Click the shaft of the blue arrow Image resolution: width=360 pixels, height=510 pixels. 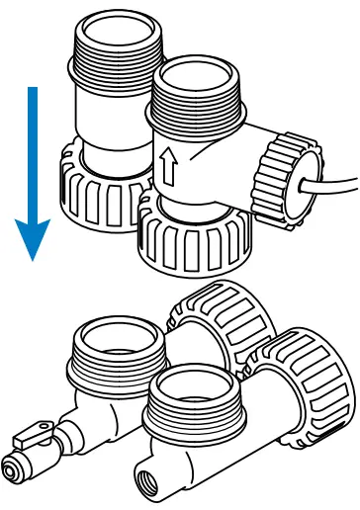33,148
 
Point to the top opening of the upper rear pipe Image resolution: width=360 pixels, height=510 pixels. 112,30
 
